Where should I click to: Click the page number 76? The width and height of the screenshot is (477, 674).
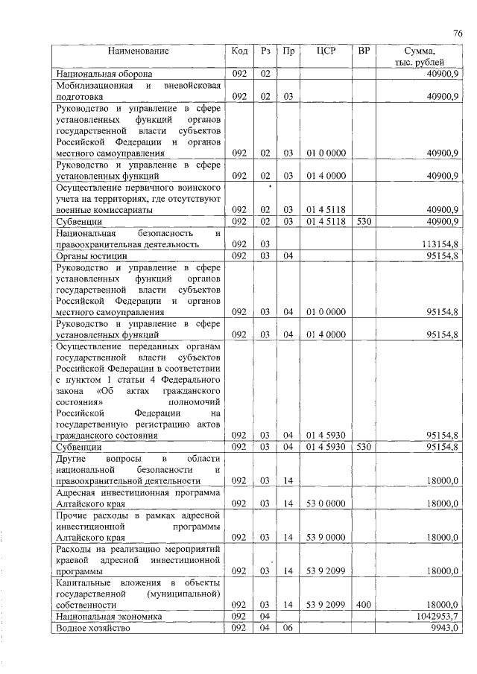click(458, 33)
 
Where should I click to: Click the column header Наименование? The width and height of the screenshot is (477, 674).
click(138, 51)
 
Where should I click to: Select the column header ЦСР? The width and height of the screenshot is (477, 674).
click(326, 51)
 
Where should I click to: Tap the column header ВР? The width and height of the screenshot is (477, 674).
click(364, 51)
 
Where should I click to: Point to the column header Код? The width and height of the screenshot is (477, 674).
click(239, 51)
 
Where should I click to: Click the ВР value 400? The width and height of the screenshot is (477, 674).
click(364, 605)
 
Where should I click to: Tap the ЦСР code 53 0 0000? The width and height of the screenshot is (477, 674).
click(326, 504)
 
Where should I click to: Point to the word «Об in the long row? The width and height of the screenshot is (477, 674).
click(108, 390)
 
